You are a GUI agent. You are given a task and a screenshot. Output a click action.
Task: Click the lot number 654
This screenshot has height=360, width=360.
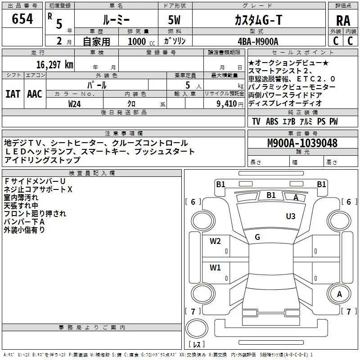(22, 19)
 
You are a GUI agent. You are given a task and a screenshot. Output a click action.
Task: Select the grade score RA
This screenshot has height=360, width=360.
(343, 21)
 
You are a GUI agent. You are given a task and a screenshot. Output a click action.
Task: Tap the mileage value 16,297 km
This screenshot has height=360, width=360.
(54, 65)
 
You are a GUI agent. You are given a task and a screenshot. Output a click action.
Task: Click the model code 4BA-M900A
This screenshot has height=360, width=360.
(258, 41)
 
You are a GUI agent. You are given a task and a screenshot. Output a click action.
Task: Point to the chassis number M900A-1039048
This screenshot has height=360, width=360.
(302, 143)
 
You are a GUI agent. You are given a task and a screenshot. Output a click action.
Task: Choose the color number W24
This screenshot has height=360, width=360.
(74, 104)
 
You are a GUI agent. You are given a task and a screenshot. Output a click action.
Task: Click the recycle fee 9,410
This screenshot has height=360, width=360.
(226, 104)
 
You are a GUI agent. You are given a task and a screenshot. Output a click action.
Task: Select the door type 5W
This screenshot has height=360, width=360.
(174, 20)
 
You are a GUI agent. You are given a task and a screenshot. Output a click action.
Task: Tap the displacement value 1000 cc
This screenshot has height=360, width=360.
(141, 41)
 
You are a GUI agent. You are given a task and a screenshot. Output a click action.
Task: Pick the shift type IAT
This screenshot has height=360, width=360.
(13, 94)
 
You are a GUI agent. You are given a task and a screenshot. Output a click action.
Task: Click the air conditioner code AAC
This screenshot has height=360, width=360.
(35, 94)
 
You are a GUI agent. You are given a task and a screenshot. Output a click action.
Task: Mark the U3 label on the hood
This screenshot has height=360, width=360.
(290, 216)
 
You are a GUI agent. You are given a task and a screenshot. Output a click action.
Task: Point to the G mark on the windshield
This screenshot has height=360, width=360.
(257, 237)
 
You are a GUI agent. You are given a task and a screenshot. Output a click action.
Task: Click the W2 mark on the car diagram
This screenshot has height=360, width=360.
(215, 241)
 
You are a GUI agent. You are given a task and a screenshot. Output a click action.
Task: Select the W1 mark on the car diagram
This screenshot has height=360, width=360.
(215, 267)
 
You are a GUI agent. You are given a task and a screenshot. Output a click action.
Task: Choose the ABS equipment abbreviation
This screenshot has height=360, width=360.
(272, 121)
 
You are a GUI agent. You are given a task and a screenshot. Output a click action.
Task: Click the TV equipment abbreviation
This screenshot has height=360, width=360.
(256, 121)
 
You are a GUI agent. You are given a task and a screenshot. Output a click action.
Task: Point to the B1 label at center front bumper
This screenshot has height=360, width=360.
(271, 195)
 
